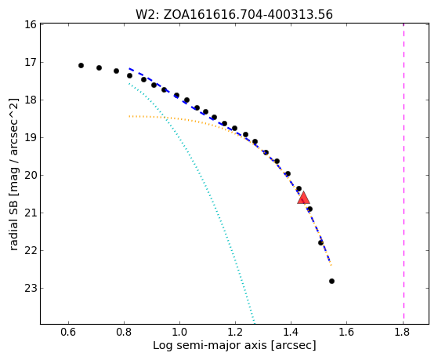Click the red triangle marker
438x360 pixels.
pyautogui.click(x=303, y=198)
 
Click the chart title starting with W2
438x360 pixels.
pyautogui.click(x=234, y=15)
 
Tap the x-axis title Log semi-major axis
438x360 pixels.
pyautogui.click(x=234, y=346)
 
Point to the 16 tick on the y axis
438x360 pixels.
pyautogui.click(x=31, y=24)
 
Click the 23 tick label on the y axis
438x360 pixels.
pyautogui.click(x=31, y=288)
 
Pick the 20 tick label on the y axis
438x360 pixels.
pyautogui.click(x=31, y=176)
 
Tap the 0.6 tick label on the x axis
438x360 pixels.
pyautogui.click(x=68, y=332)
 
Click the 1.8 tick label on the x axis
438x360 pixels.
pyautogui.click(x=403, y=332)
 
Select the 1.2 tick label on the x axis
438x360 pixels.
pyautogui.click(x=235, y=332)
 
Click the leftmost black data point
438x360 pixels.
pyautogui.click(x=81, y=65)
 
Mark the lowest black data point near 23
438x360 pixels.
pyautogui.click(x=331, y=281)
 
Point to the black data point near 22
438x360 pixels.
pyautogui.click(x=320, y=242)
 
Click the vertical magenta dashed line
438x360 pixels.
pyautogui.click(x=404, y=171)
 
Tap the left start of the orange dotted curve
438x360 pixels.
pyautogui.click(x=129, y=116)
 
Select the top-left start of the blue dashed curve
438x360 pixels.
pyautogui.click(x=129, y=68)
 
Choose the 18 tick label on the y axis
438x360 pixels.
pyautogui.click(x=31, y=100)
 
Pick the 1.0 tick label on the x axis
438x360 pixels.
pyautogui.click(x=179, y=332)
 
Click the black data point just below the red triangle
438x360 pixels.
pyautogui.click(x=309, y=209)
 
